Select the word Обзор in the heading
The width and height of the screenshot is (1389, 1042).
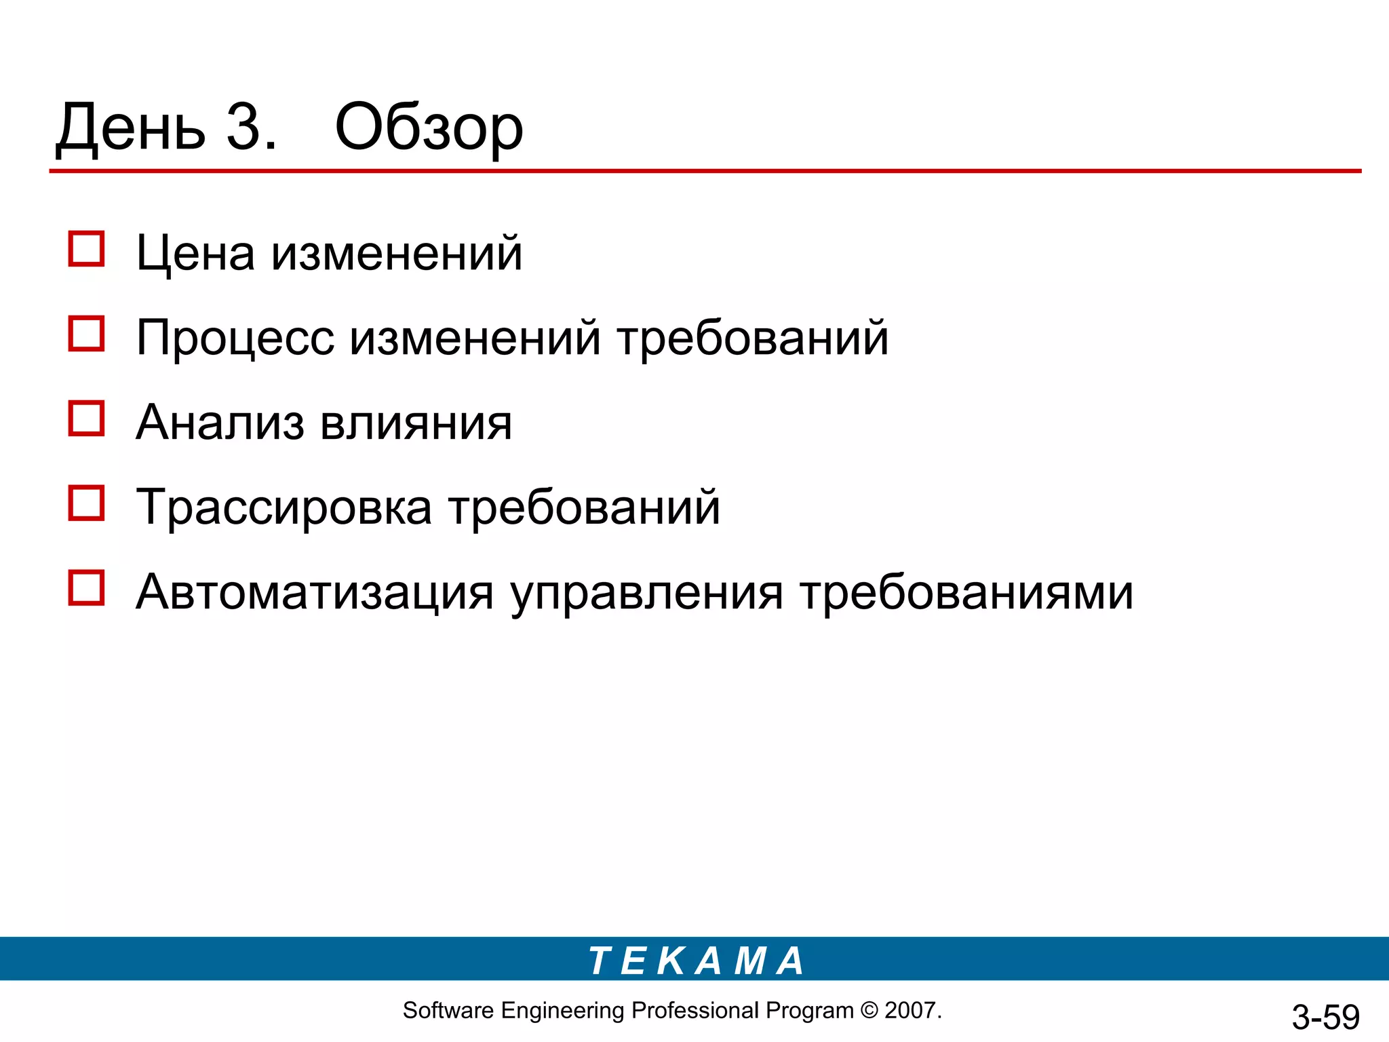(x=429, y=129)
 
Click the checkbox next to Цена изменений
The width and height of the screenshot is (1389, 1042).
(x=86, y=249)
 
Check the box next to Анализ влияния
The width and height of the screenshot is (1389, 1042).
(x=86, y=418)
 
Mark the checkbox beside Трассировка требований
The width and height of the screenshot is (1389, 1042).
(x=86, y=503)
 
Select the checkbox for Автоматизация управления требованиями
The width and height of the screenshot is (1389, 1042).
(x=86, y=587)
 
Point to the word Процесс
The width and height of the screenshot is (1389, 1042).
(x=235, y=339)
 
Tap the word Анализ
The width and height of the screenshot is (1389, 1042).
(x=220, y=423)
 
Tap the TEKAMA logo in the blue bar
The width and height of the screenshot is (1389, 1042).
(x=696, y=961)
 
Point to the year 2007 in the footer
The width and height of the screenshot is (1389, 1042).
(x=911, y=1011)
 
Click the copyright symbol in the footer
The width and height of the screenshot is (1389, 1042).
(x=869, y=1011)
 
